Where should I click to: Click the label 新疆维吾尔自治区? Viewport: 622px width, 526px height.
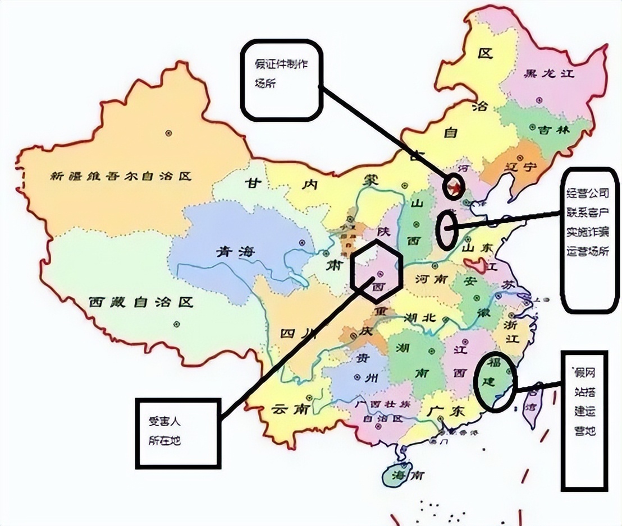tap(121, 176)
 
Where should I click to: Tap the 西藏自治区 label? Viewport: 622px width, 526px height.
tap(141, 303)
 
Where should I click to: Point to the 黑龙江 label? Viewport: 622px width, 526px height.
tap(548, 73)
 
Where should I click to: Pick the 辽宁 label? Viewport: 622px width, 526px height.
tap(519, 167)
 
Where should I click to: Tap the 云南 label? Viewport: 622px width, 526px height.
tap(290, 409)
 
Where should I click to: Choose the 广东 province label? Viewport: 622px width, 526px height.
tap(445, 410)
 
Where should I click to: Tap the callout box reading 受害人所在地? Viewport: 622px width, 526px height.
tap(177, 432)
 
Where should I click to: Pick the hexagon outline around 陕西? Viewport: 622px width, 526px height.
tap(377, 267)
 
